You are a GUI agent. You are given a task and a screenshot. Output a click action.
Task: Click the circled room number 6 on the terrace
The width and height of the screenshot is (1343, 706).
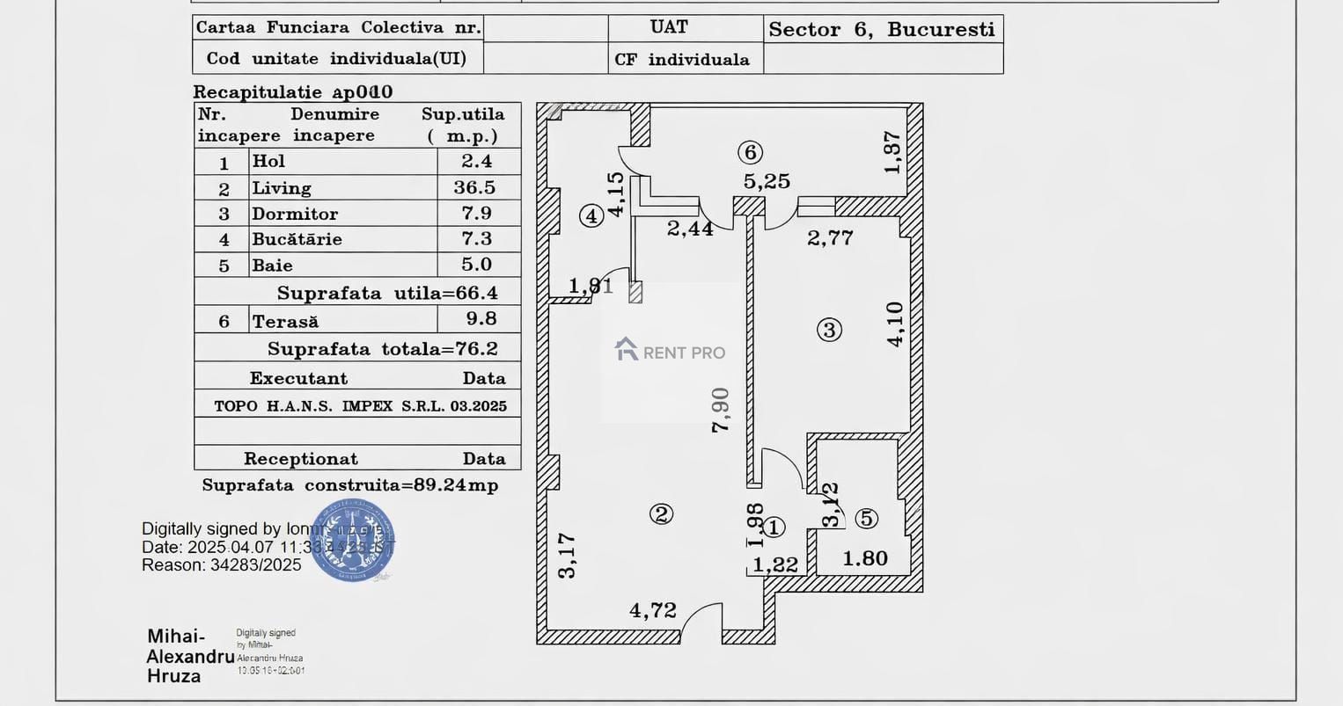750,152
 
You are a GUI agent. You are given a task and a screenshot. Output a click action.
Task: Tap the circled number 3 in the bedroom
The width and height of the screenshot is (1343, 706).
829,330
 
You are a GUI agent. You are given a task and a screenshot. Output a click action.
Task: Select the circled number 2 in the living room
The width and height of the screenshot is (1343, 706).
661,514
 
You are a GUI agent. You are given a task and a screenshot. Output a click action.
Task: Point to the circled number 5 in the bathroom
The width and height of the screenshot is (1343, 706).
867,519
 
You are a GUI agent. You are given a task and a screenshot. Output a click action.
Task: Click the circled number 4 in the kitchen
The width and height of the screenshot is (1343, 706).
591,215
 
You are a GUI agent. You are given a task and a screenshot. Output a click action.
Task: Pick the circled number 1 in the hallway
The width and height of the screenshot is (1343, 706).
774,528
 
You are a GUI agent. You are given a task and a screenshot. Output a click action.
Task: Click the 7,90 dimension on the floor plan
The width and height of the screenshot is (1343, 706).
721,410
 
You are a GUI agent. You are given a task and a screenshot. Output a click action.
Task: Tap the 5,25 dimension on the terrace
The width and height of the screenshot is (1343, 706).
767,181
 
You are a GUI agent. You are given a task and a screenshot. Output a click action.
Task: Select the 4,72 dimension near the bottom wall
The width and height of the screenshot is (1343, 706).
653,610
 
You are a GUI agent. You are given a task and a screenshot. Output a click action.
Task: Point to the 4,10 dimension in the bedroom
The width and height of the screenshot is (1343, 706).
895,324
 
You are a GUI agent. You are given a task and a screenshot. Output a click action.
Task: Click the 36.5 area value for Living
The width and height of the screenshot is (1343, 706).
474,187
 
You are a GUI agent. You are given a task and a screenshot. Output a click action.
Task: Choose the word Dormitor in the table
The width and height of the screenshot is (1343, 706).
295,214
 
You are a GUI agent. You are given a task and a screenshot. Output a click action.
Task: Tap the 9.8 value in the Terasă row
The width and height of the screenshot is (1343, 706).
481,318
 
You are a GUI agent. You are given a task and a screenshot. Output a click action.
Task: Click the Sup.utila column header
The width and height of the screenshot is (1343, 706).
463,114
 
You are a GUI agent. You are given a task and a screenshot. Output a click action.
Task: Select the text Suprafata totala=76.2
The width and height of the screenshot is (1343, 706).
382,349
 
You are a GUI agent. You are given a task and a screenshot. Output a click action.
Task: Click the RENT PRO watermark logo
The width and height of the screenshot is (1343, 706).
671,352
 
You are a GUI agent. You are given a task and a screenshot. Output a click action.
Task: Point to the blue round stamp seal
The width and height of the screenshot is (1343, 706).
353,541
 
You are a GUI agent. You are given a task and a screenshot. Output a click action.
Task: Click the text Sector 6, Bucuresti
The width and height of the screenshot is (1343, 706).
882,29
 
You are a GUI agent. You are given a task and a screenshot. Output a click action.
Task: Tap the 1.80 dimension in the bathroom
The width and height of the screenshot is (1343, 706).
865,558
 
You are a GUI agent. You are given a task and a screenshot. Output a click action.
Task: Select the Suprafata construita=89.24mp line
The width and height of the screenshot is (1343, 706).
350,485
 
